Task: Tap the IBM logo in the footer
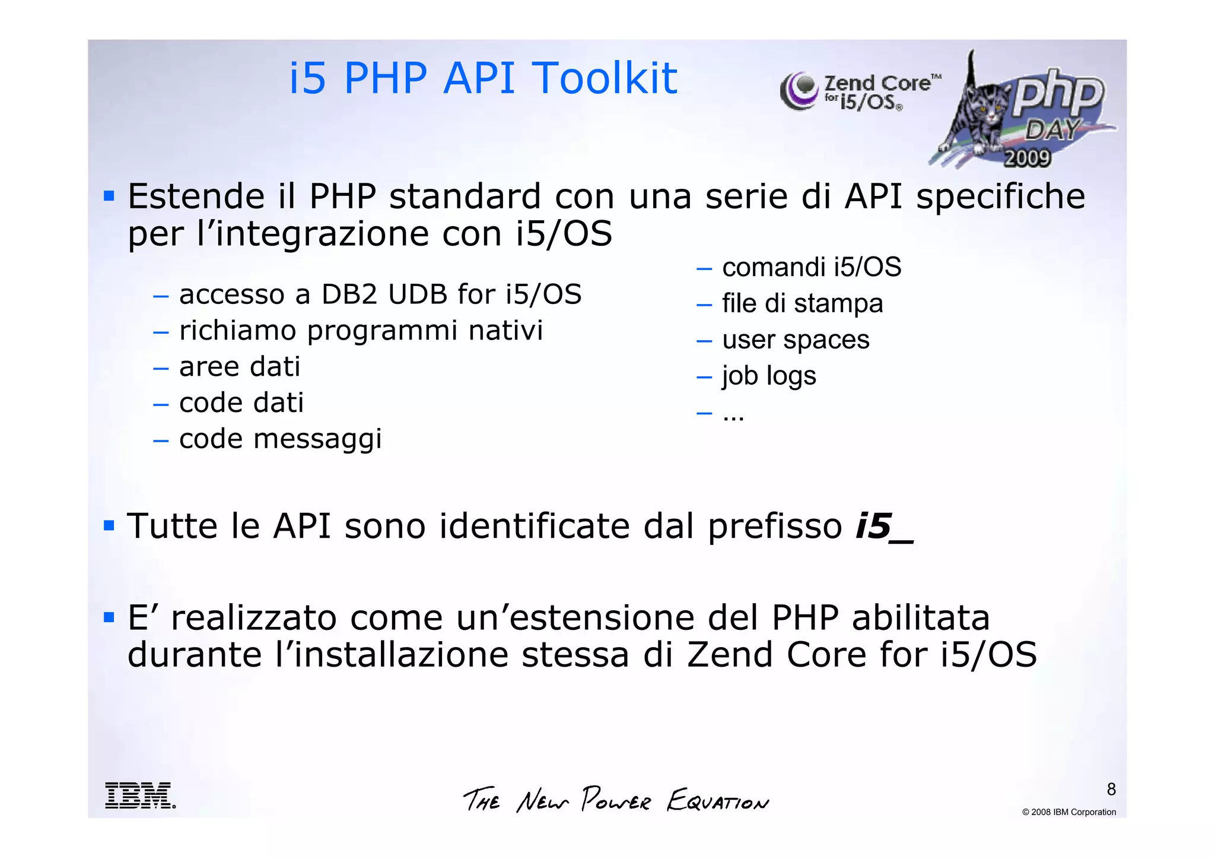140,795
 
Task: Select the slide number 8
1111,789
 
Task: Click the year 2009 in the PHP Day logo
1027,158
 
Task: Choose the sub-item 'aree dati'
240,366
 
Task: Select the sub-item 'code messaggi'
280,439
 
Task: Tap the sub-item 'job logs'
769,376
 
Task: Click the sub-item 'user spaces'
796,340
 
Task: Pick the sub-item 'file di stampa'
802,303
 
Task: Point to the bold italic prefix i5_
884,526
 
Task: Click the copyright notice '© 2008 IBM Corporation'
1068,812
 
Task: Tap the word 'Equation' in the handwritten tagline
718,801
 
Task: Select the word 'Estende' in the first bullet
196,196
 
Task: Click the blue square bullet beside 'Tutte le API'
109,525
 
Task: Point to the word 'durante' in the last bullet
195,655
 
